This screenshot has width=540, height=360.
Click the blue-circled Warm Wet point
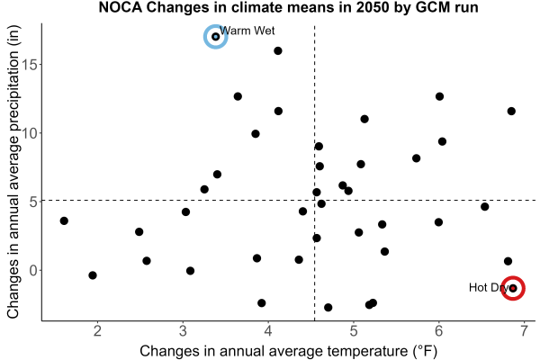(x=216, y=37)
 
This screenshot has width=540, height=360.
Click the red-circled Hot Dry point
(x=513, y=288)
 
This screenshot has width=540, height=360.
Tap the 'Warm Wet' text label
(x=247, y=31)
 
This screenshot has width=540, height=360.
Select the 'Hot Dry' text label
(x=489, y=287)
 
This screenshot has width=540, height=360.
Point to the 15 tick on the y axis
(x=30, y=65)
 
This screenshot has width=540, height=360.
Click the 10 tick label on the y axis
(x=30, y=133)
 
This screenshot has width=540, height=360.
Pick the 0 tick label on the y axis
(x=34, y=270)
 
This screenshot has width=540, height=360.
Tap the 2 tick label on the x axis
(x=97, y=331)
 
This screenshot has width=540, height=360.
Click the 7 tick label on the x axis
(x=524, y=331)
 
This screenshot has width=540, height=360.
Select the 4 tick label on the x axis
(x=268, y=331)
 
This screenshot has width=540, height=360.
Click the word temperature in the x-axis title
(x=367, y=351)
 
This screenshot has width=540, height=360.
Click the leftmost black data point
(x=64, y=220)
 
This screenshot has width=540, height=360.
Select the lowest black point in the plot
(x=328, y=307)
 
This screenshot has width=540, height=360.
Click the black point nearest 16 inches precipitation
(x=278, y=51)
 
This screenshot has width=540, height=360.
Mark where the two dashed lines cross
(x=314, y=200)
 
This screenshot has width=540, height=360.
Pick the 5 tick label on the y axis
(x=34, y=202)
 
